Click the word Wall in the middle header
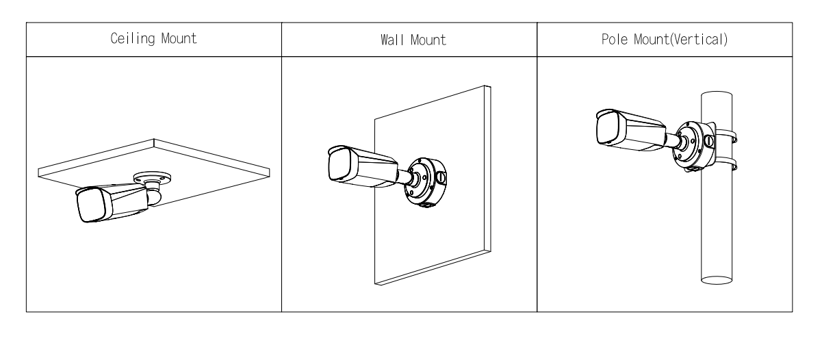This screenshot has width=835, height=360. (391, 40)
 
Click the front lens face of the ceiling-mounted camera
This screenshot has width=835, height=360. (90, 205)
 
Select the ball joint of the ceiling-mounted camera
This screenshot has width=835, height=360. (155, 197)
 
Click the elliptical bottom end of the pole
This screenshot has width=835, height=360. (717, 280)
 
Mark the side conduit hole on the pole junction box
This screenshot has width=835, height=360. (710, 142)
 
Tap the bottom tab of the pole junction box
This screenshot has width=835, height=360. (693, 169)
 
